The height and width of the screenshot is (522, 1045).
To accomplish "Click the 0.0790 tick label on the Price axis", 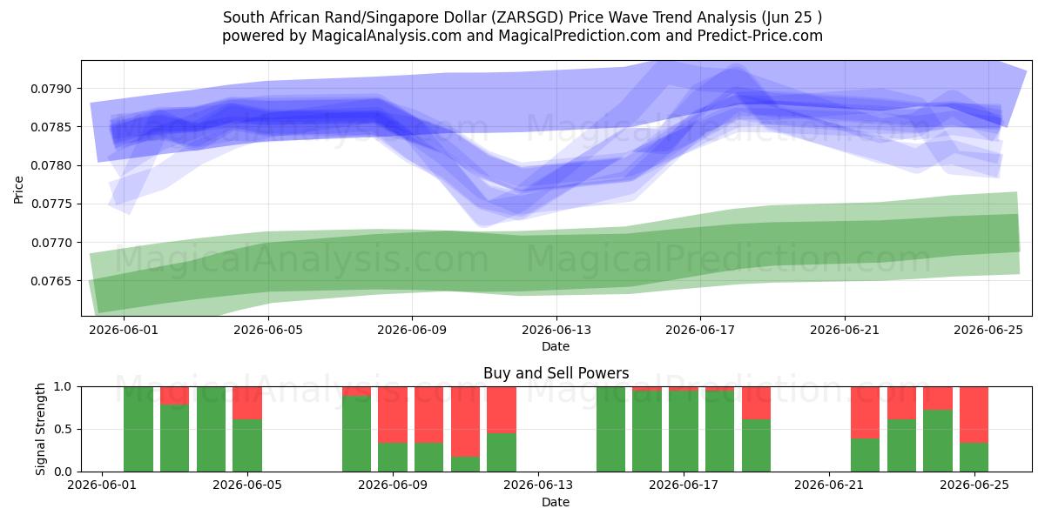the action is point(51,89).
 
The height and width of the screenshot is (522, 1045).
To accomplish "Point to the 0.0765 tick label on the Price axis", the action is point(51,281).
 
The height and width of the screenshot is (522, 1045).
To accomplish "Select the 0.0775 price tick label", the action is point(51,204).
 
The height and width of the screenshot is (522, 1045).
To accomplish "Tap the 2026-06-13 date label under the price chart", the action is point(556,330).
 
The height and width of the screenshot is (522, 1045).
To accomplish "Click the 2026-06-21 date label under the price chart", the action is point(845,330).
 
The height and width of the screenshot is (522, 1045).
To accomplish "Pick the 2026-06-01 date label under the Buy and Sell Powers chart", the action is point(102,485).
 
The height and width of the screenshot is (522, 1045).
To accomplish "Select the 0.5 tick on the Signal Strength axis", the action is point(63,429).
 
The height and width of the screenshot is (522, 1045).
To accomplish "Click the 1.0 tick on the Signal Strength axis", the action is point(63,386).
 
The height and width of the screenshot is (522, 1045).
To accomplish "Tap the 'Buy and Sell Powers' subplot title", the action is point(556,373).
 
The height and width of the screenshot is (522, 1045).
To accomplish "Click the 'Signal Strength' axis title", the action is point(41,429).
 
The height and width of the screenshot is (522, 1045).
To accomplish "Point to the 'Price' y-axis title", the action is point(18,190).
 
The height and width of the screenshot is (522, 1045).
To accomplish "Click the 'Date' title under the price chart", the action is point(556,346).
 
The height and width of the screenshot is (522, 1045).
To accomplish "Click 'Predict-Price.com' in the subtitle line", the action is point(760,36).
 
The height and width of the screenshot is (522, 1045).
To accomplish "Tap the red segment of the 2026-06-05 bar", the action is point(247,403).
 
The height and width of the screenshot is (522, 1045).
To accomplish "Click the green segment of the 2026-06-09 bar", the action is point(393,458).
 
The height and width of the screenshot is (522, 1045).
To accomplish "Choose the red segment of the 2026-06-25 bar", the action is point(974,415).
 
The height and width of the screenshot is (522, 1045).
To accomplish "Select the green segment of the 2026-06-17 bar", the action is point(684,432).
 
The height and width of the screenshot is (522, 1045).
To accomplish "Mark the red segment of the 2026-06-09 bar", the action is point(393,415).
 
